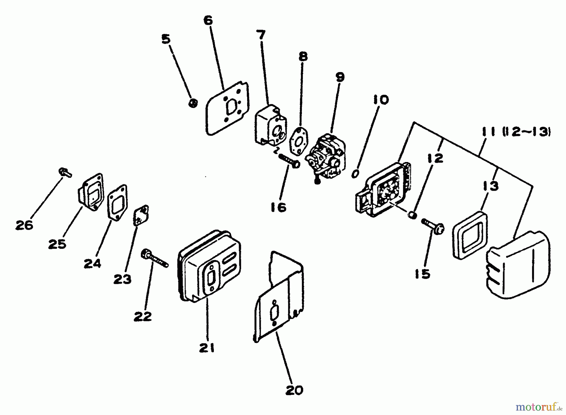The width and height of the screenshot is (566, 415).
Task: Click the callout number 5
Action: click(x=166, y=40)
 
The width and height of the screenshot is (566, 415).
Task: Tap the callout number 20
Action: click(x=294, y=390)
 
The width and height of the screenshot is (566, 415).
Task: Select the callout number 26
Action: click(x=24, y=225)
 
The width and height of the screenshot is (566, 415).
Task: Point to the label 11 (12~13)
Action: click(x=516, y=132)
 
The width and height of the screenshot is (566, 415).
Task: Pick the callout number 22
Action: click(x=142, y=316)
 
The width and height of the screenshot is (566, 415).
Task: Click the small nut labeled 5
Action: click(x=193, y=103)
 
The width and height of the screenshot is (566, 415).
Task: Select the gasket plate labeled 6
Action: click(x=227, y=109)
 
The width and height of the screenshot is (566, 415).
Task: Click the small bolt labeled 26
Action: click(x=65, y=172)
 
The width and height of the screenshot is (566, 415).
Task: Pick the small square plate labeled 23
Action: click(x=141, y=215)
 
